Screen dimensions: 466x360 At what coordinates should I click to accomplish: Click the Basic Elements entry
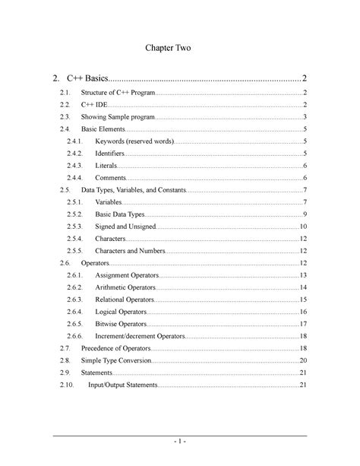104,131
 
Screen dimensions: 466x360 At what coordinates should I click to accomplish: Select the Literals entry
106,165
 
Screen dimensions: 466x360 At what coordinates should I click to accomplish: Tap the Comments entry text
111,177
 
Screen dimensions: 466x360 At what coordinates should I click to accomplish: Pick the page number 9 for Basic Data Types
303,215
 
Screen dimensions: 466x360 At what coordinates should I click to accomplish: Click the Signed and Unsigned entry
126,227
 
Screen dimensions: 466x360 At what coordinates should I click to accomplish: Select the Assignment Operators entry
130,274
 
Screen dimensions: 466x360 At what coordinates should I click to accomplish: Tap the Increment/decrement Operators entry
140,336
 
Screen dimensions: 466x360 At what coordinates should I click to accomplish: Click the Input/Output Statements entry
124,385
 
